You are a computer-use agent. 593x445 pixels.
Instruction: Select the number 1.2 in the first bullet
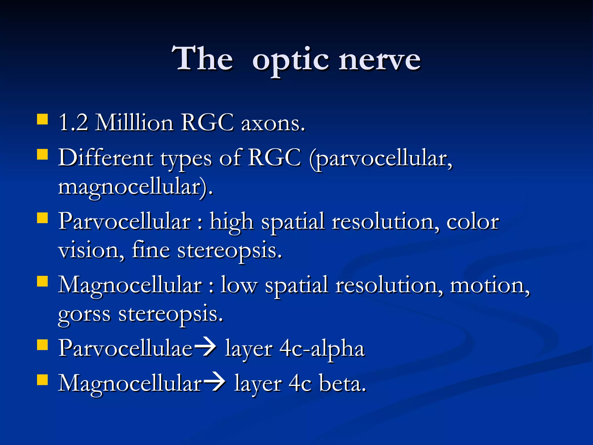[x=73, y=123]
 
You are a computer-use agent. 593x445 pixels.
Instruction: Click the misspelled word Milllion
[x=134, y=123]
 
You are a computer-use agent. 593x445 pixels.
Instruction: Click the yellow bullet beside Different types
[x=42, y=154]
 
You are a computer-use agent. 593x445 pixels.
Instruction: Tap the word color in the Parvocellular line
[x=473, y=222]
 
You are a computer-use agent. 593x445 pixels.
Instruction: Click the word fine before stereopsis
[x=151, y=250]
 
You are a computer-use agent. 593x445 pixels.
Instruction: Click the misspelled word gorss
[x=84, y=315]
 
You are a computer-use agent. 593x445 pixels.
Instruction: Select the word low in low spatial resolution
[x=239, y=285]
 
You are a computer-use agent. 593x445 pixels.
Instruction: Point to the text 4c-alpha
[x=321, y=349]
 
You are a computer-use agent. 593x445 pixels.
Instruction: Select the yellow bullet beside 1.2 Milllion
[x=42, y=119]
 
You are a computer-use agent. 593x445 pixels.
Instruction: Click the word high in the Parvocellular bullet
[x=231, y=222]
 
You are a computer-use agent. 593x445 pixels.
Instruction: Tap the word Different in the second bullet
[x=106, y=158]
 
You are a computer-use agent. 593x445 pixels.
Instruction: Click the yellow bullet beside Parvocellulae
[x=42, y=345]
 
